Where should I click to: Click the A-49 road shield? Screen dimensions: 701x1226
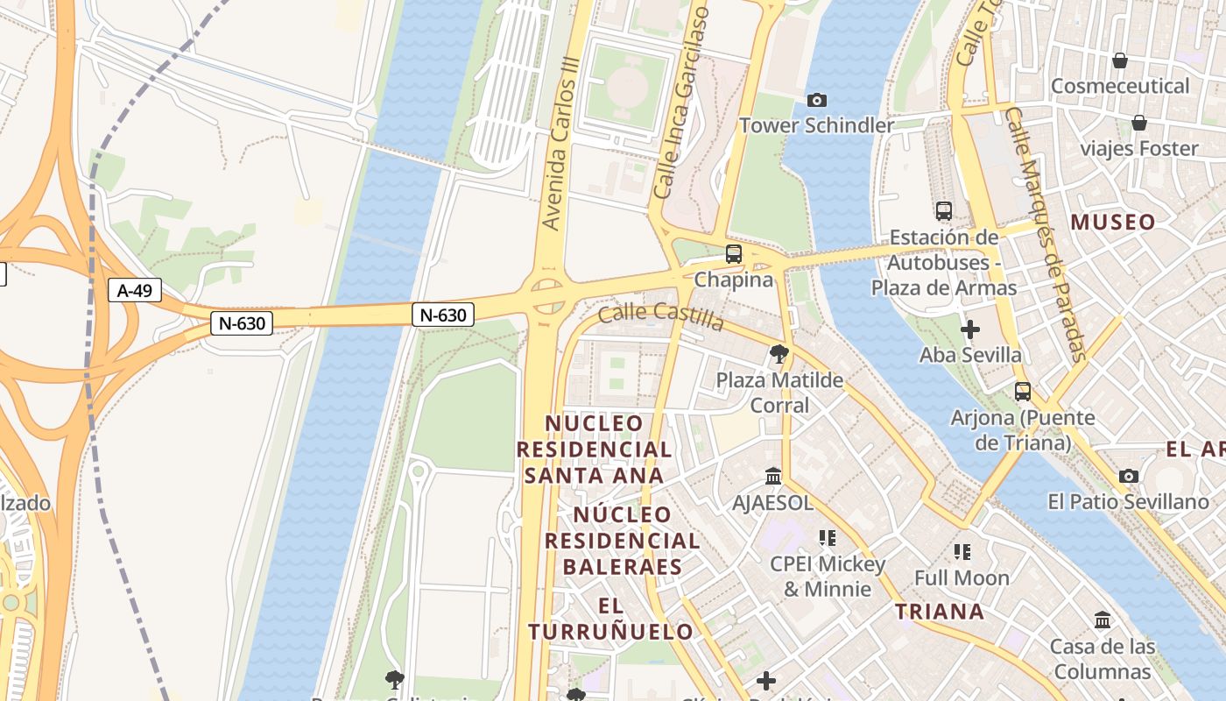click(135, 290)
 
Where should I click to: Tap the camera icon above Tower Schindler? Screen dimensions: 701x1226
click(817, 101)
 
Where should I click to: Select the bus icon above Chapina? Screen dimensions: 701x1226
click(734, 254)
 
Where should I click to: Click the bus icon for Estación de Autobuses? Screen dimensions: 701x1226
click(943, 211)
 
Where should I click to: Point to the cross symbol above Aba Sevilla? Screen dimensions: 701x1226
click(969, 329)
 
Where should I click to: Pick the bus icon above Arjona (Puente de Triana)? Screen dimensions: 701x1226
click(1022, 392)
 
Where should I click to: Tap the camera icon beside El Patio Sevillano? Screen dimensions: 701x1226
click(1129, 476)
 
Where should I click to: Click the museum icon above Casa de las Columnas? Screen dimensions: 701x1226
click(1103, 620)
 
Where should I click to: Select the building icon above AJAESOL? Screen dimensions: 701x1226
click(773, 477)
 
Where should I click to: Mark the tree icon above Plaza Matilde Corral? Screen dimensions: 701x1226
click(779, 354)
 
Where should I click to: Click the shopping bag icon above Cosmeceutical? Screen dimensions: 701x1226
click(1119, 60)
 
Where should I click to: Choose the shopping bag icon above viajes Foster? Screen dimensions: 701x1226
click(1138, 123)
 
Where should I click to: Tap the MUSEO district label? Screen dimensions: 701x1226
click(1113, 223)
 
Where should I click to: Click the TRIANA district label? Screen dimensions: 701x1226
click(940, 612)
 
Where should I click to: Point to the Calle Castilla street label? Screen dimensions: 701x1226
click(661, 316)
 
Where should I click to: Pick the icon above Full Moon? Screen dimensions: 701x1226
click(962, 552)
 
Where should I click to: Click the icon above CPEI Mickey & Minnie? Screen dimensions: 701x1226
click(827, 538)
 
